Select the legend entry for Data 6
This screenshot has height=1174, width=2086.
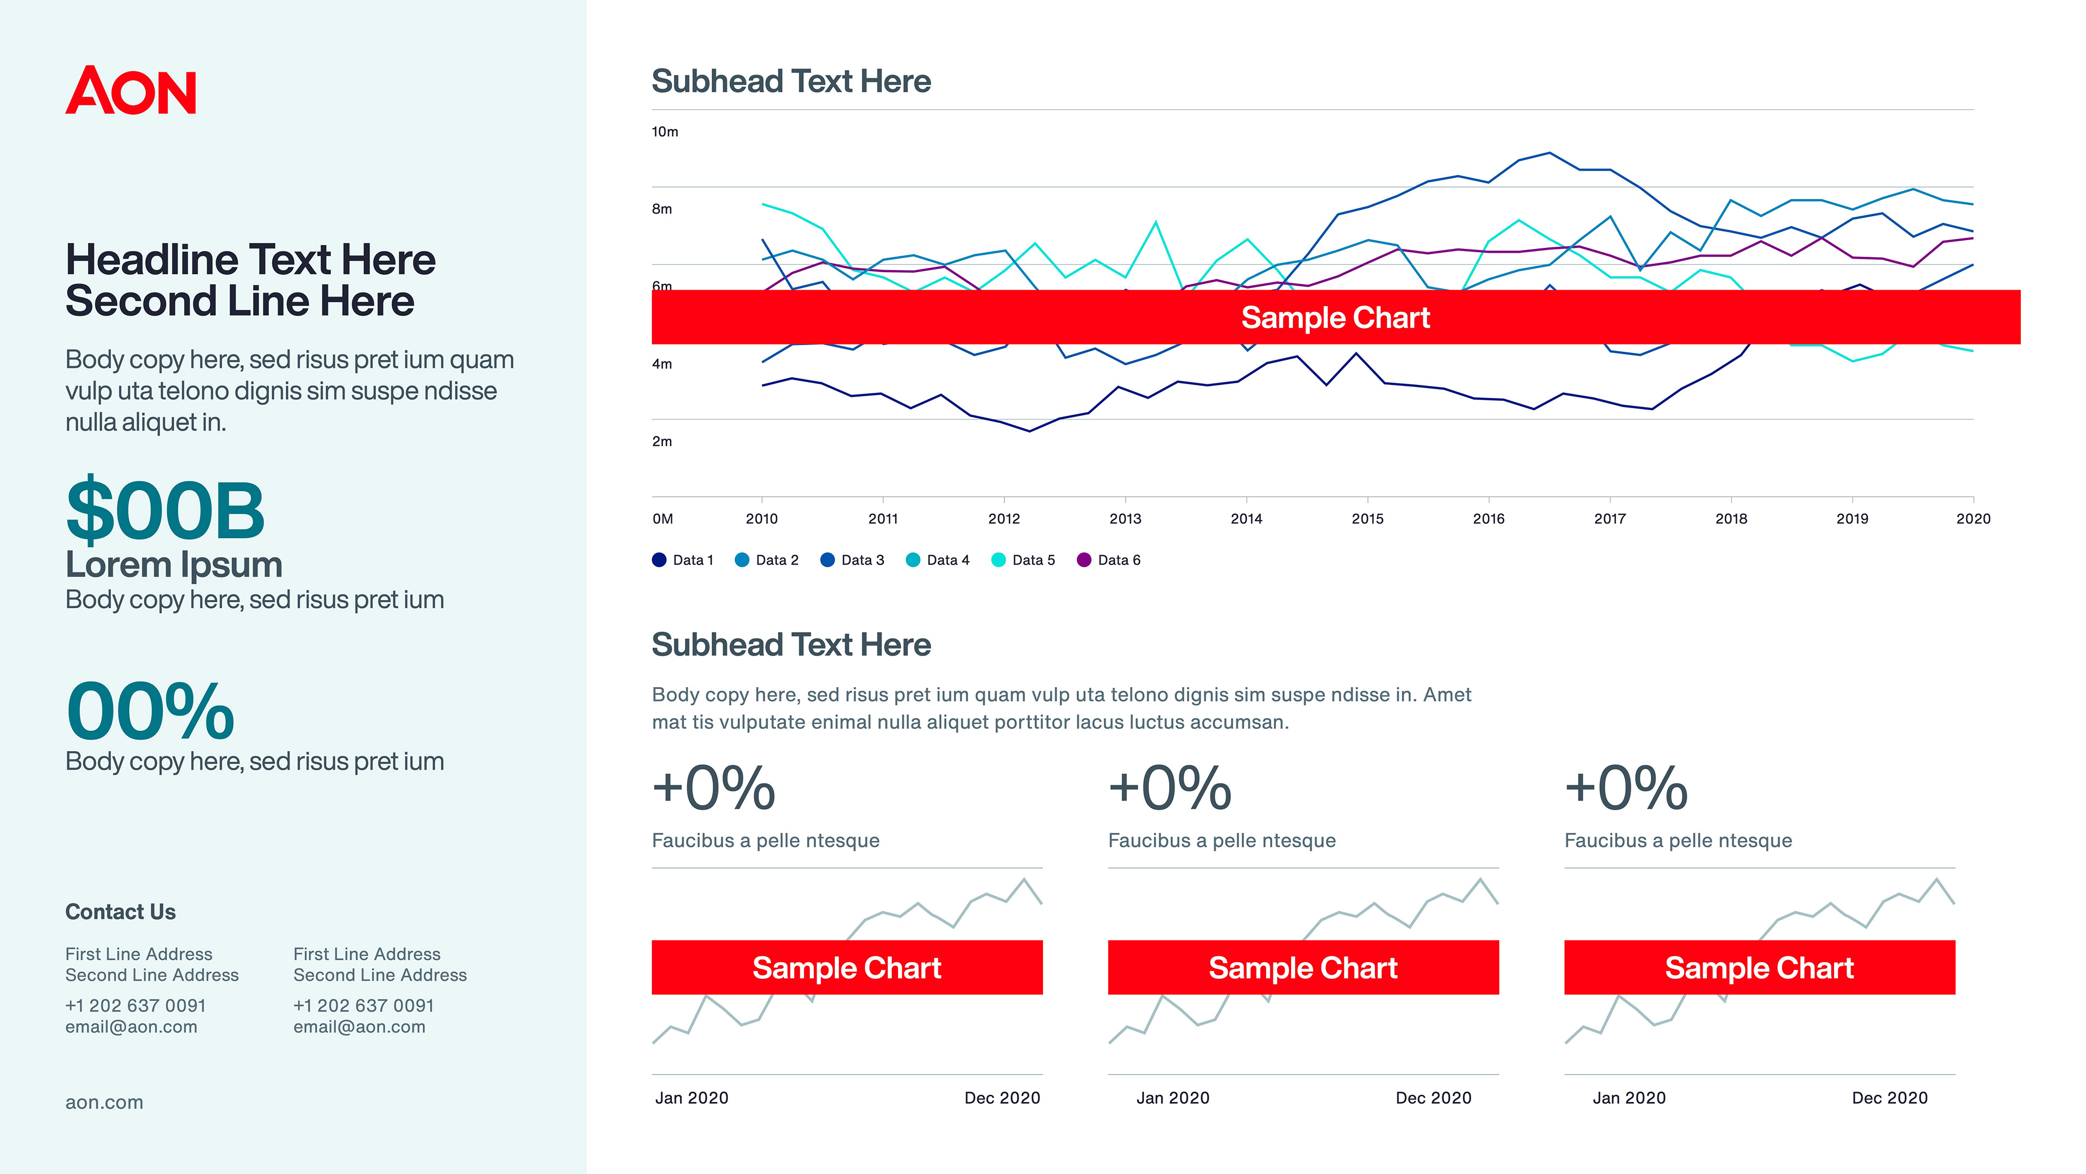click(x=1109, y=560)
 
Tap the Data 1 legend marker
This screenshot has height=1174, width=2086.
click(x=659, y=560)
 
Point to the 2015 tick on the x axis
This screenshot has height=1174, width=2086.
click(x=1367, y=519)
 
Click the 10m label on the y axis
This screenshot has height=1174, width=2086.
click(x=665, y=131)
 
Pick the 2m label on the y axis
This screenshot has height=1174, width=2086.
click(x=662, y=441)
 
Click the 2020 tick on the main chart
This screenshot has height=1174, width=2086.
click(x=1972, y=519)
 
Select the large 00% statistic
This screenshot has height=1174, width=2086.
click(x=150, y=711)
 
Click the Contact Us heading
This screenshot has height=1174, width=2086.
click(x=120, y=911)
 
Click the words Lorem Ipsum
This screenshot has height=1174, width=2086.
click(x=173, y=565)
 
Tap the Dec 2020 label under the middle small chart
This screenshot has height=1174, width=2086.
click(x=1434, y=1098)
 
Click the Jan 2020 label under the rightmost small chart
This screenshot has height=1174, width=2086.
click(x=1629, y=1098)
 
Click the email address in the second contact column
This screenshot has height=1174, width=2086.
click(x=359, y=1027)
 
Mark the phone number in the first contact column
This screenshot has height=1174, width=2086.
click(x=135, y=1006)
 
